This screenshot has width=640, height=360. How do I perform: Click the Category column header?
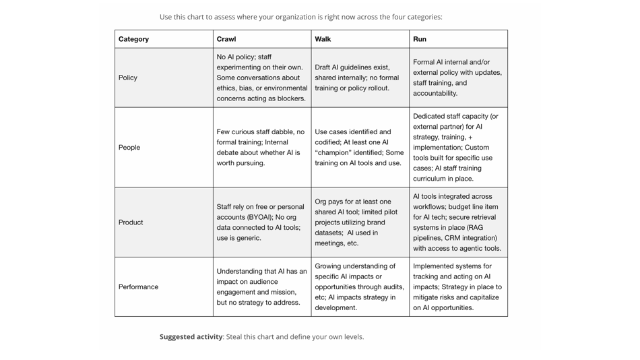point(133,39)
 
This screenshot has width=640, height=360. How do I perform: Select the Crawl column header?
point(226,39)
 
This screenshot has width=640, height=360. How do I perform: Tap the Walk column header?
point(323,39)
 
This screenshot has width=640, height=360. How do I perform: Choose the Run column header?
point(420,39)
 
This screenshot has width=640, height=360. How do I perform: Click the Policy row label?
point(128,78)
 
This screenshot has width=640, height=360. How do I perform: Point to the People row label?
point(129,147)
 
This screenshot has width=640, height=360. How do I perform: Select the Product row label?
point(131,222)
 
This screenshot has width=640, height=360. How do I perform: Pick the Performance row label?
point(138,287)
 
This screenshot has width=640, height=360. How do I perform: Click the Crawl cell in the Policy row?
point(261,78)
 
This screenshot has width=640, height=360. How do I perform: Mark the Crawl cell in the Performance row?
point(261,287)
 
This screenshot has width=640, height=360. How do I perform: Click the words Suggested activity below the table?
point(191,336)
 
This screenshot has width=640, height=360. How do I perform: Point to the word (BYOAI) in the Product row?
point(260,217)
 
